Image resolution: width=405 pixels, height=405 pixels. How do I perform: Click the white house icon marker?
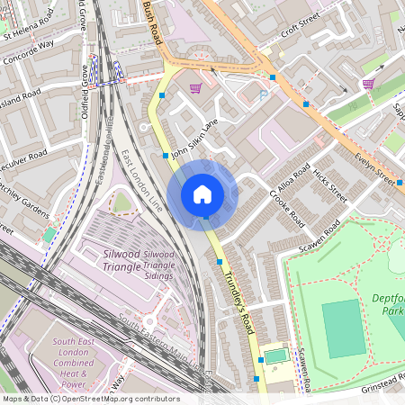pyautogui.click(x=202, y=194)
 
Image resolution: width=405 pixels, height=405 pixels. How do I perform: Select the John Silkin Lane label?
pyautogui.click(x=194, y=140)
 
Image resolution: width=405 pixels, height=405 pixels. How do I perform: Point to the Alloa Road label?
pyautogui.click(x=293, y=177)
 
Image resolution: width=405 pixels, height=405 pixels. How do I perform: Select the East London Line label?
pyautogui.click(x=142, y=180)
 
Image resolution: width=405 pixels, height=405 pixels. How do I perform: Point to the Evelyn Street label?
pyautogui.click(x=374, y=166)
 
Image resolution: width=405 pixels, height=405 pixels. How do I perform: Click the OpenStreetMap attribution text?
pyautogui.click(x=90, y=399)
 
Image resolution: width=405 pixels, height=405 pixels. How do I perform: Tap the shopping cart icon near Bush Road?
pyautogui.click(x=195, y=87)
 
